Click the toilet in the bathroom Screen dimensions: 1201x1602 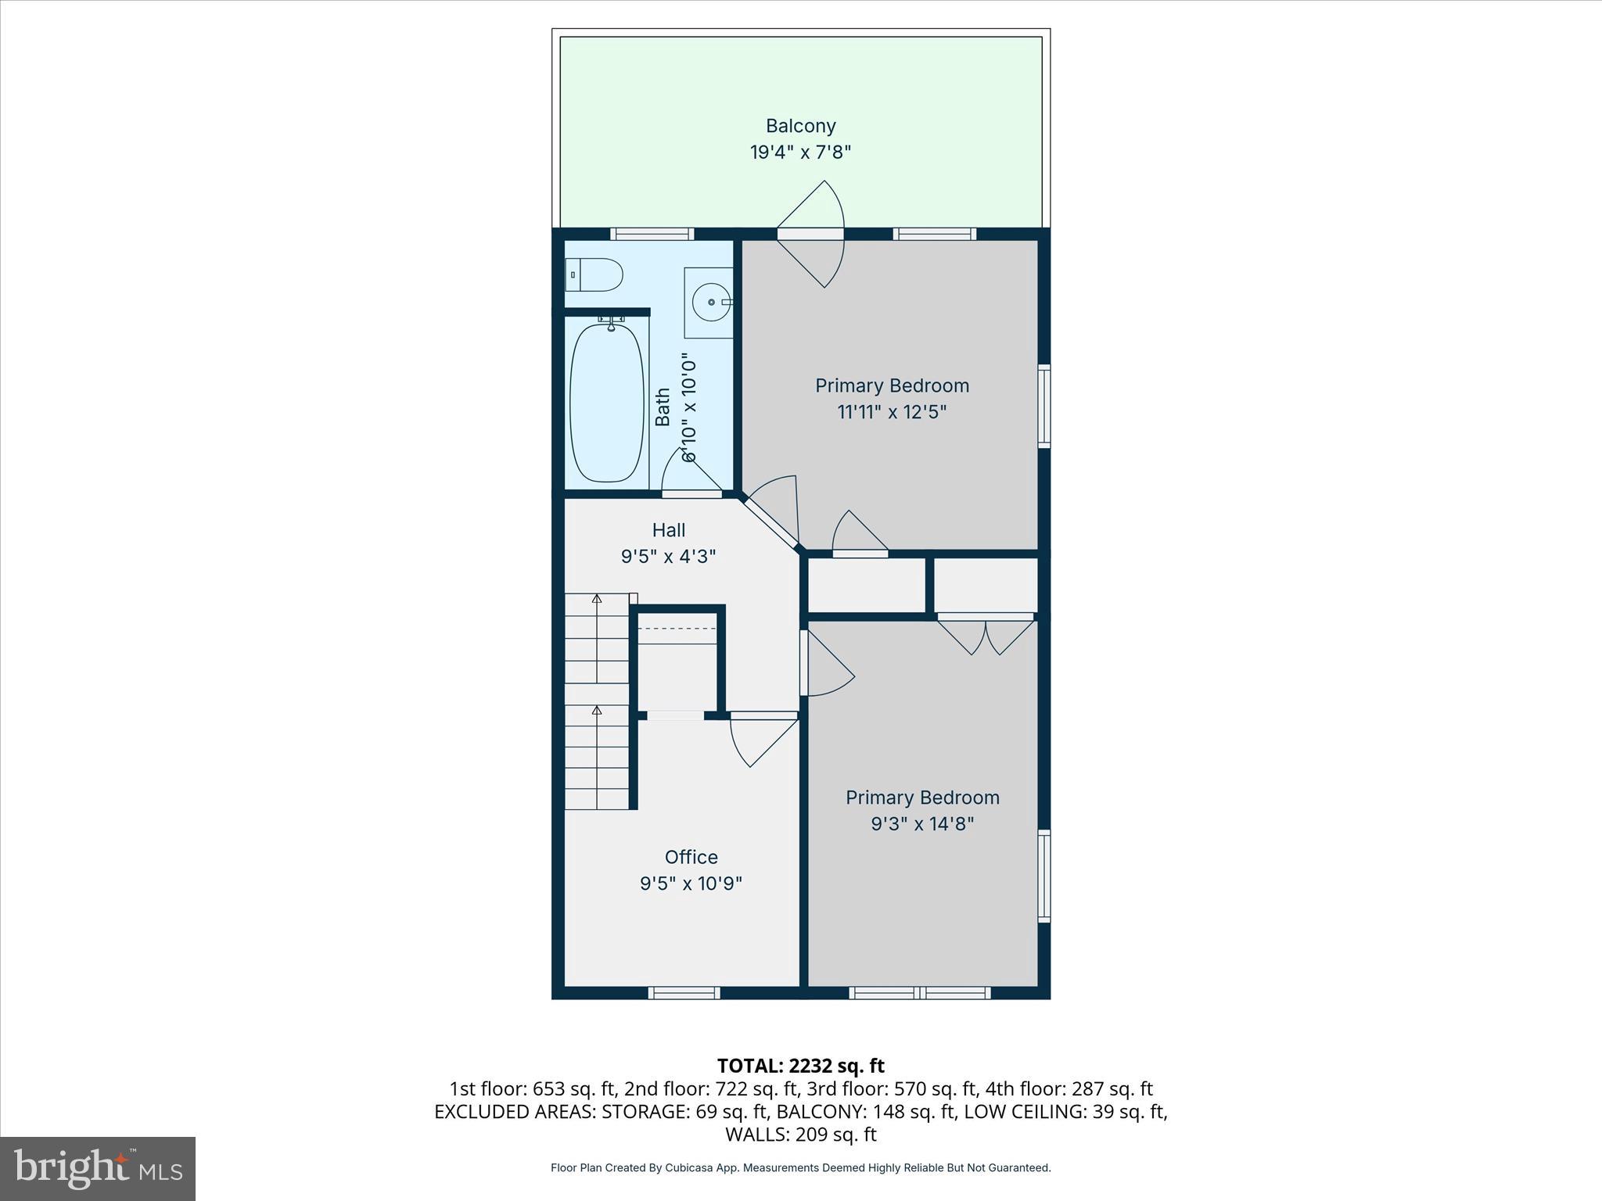tap(594, 275)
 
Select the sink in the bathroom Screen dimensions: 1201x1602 tap(709, 302)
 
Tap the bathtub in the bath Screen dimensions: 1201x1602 tap(607, 403)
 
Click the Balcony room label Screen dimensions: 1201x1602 tap(800, 126)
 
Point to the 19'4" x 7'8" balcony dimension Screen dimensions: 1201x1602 tap(800, 152)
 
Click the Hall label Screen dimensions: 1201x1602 tap(669, 530)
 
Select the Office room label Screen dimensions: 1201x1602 tap(691, 857)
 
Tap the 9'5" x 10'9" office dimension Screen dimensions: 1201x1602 tap(691, 884)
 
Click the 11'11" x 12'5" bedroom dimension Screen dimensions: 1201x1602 tap(892, 412)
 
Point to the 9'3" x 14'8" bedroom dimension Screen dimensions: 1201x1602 tap(922, 823)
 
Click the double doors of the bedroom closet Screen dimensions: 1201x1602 tap(986, 633)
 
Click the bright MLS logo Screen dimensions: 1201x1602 tap(98, 1168)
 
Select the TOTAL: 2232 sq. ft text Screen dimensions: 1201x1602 tap(800, 1066)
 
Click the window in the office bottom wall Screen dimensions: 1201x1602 tap(684, 993)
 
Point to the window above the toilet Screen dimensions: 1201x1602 tap(652, 234)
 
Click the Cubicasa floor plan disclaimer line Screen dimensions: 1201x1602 tap(800, 1167)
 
